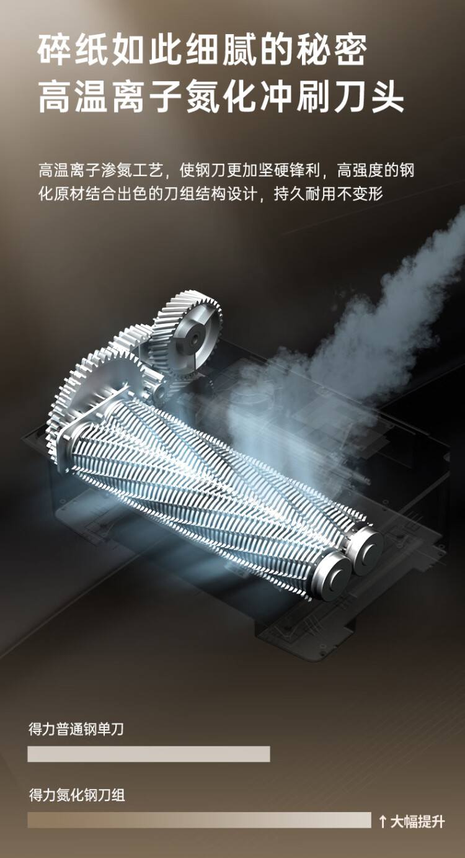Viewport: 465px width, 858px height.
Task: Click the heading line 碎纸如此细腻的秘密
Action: click(x=203, y=50)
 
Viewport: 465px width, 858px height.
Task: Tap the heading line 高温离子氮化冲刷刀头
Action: click(x=221, y=97)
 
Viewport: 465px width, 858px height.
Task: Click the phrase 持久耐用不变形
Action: click(x=329, y=194)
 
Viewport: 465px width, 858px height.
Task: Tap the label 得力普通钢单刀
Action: click(x=76, y=729)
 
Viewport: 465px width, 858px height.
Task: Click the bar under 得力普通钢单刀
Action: click(x=149, y=754)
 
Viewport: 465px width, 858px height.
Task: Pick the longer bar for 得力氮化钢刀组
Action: click(x=200, y=820)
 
